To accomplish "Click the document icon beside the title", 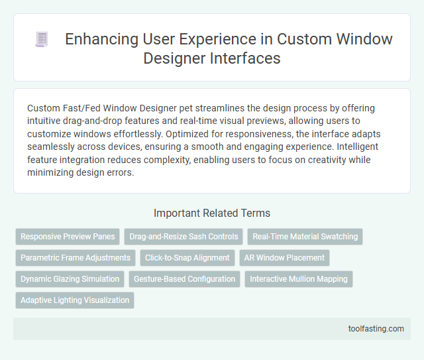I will click(x=41, y=40).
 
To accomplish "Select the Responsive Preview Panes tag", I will click(x=67, y=237).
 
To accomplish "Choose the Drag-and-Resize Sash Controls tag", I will click(x=183, y=237).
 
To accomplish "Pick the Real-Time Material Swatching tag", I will click(x=305, y=237).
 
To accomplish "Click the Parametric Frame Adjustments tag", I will click(x=75, y=258).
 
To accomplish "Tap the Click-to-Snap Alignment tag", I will click(x=187, y=258).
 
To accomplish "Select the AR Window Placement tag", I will click(x=284, y=258).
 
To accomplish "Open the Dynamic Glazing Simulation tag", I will click(x=70, y=279).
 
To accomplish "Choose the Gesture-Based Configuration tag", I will click(x=184, y=279).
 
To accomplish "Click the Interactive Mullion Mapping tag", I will click(x=299, y=279).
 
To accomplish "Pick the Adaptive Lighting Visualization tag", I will click(x=75, y=300).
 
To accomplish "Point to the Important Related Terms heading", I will click(x=211, y=213).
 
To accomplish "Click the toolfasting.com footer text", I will click(x=375, y=328).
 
